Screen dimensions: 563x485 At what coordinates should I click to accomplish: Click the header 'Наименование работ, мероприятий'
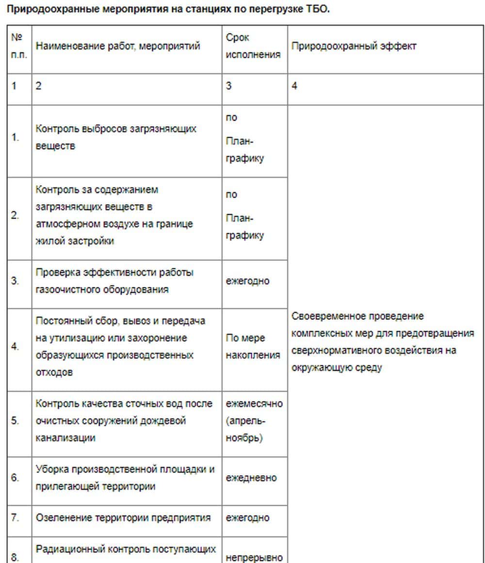coord(118,47)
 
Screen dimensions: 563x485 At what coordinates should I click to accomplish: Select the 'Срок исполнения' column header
coord(253,46)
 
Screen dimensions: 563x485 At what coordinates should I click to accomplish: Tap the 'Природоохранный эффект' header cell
coord(354,47)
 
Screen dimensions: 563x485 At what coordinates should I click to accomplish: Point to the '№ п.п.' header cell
coord(19,46)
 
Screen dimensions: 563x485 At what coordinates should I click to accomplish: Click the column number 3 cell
coord(229,86)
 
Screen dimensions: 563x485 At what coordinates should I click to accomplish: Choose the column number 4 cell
coord(295,86)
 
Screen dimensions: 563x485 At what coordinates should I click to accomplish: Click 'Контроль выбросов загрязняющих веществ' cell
coord(116,137)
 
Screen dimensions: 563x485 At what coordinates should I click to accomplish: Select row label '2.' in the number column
coord(16,215)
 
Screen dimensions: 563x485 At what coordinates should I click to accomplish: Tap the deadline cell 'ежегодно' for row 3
coord(248,281)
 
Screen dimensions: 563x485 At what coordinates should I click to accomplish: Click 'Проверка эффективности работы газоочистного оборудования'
coord(114,281)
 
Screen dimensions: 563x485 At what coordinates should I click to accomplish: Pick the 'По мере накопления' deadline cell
coord(253,346)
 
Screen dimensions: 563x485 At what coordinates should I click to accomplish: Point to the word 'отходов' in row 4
coord(54,372)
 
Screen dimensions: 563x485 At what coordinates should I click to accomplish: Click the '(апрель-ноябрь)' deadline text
coord(245,429)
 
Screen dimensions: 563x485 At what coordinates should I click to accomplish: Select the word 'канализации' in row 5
coord(65,437)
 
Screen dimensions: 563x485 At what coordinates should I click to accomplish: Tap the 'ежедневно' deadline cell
coord(251,478)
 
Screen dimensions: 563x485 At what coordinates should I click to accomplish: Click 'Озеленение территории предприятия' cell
coord(123,517)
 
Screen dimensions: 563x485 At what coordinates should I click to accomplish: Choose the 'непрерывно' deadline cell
coord(254,558)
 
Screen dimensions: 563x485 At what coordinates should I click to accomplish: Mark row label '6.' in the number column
coord(16,478)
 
